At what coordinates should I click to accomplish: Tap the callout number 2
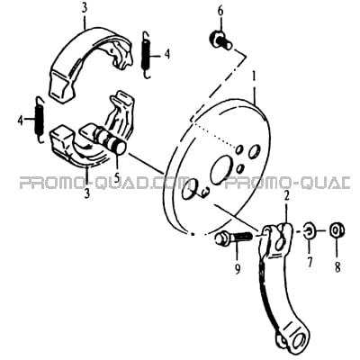coord(287,196)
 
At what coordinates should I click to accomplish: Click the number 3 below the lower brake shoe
coord(86,193)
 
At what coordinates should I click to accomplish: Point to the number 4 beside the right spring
coord(166,55)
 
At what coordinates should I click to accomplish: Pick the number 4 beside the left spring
coord(21,121)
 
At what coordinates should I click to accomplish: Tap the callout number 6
coord(220,12)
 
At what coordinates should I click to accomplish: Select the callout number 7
coord(309,262)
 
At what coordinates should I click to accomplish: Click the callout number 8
coord(337,266)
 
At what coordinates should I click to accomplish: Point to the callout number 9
coord(238,270)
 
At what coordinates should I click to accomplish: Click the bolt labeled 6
coord(220,40)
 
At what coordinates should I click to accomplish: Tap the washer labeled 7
coord(309,230)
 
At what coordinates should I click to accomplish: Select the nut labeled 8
coord(337,230)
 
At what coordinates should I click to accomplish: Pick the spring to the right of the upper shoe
coord(145,55)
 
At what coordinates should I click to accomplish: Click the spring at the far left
coord(40,120)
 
